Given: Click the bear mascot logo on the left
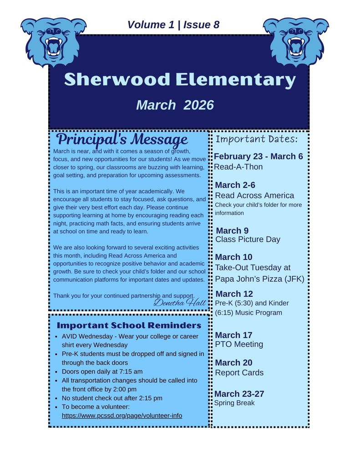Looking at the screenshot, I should click(53, 42).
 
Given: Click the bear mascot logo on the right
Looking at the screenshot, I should click(296, 42).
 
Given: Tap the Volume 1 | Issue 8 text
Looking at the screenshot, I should click(173, 25).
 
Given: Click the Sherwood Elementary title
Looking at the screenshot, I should click(180, 80).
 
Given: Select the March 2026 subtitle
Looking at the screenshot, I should click(175, 105).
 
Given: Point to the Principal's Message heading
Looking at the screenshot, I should click(122, 139).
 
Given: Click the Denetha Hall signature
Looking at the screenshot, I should click(180, 302).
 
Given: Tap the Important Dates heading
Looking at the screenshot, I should click(256, 139).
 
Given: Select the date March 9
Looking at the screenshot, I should click(232, 231).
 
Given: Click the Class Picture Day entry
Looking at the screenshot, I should click(248, 239).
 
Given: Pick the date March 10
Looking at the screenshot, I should click(233, 257).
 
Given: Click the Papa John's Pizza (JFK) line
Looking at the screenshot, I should click(259, 279).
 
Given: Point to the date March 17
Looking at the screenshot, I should click(233, 335).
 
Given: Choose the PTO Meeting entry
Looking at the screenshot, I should click(239, 344).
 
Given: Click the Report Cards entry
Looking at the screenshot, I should click(239, 373).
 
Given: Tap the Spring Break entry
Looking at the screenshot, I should click(234, 403).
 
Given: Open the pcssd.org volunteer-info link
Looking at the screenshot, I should click(122, 415).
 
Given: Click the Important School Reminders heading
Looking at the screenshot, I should click(129, 325).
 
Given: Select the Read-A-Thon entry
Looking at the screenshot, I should click(238, 167).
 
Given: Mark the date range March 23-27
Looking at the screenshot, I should click(239, 394).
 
